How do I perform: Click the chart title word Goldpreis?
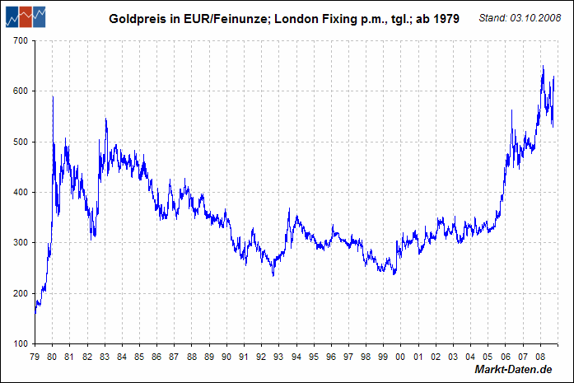click(137, 17)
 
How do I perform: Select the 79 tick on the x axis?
click(35, 357)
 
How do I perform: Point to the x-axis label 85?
click(139, 357)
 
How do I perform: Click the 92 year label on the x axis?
click(261, 357)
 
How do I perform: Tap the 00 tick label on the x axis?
click(400, 357)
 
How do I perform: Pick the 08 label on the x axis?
click(539, 357)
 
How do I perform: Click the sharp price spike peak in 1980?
click(53, 97)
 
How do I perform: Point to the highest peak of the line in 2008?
click(543, 67)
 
